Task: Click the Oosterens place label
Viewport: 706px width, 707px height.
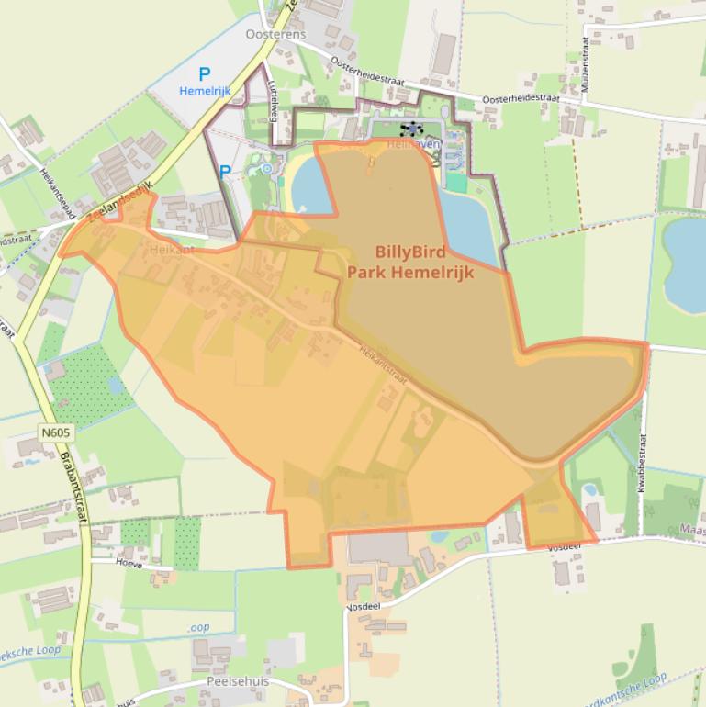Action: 275,34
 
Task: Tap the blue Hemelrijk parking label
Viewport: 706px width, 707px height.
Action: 205,91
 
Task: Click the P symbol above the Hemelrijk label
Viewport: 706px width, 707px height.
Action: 205,74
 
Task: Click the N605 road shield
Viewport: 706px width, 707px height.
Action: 56,431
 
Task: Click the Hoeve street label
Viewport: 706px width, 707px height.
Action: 129,564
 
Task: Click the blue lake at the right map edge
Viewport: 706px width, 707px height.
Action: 685,264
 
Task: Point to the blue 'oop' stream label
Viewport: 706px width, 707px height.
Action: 198,627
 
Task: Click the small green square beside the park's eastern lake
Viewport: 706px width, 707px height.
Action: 456,183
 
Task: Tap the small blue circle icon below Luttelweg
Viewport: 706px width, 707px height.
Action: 266,168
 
